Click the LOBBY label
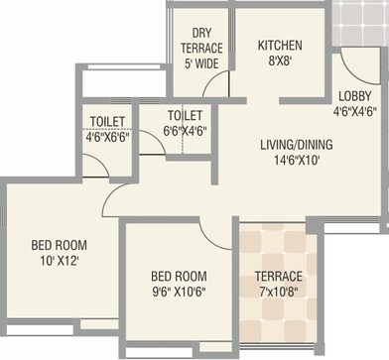click(x=355, y=95)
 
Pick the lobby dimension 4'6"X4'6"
click(x=355, y=111)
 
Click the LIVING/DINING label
click(x=296, y=144)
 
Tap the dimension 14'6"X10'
click(x=296, y=160)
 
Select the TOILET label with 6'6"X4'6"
click(x=185, y=115)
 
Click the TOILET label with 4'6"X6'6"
click(x=107, y=121)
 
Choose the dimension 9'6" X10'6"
click(x=178, y=292)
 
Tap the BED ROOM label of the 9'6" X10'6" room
click(x=178, y=276)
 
